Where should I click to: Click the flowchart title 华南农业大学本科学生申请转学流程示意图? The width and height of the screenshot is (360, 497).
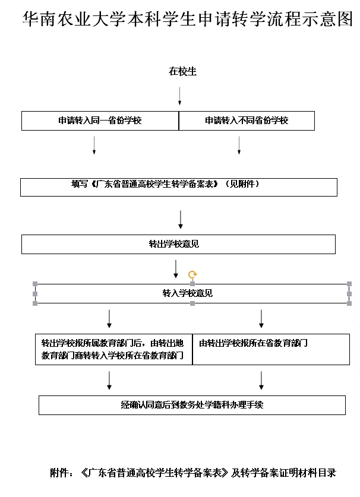pyautogui.click(x=187, y=19)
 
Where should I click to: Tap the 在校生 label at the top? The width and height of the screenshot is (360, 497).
pyautogui.click(x=182, y=72)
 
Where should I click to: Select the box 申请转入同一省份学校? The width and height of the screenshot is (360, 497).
pyautogui.click(x=100, y=121)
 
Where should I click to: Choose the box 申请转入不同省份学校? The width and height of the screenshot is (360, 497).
pyautogui.click(x=247, y=121)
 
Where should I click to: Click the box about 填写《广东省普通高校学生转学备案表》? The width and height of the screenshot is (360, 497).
pyautogui.click(x=178, y=185)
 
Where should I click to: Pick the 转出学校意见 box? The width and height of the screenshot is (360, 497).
pyautogui.click(x=178, y=244)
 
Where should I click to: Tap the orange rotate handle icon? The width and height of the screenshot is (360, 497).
pyautogui.click(x=192, y=274)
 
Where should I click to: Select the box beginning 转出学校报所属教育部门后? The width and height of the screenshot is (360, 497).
pyautogui.click(x=113, y=350)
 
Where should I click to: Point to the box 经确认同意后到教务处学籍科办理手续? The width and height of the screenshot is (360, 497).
pyautogui.click(x=192, y=405)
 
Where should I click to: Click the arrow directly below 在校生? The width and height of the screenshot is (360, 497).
pyautogui.click(x=179, y=96)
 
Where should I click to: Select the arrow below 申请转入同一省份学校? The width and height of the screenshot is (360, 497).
pyautogui.click(x=94, y=145)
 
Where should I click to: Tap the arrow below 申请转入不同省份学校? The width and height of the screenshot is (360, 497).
pyautogui.click(x=239, y=145)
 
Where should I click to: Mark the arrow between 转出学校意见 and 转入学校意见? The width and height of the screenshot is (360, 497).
pyautogui.click(x=175, y=268)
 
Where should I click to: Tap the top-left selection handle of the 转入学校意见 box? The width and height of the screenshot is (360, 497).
pyautogui.click(x=35, y=284)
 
